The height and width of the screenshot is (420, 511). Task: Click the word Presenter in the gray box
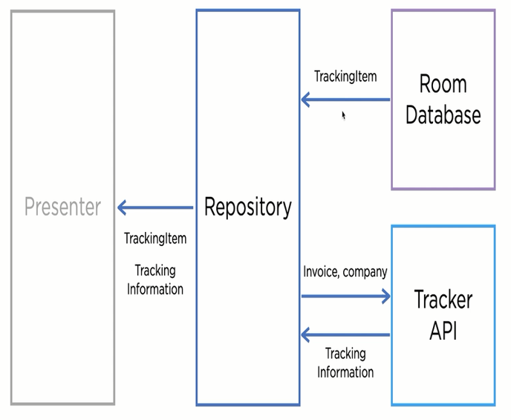(x=62, y=207)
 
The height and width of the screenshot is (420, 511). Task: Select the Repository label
(x=248, y=207)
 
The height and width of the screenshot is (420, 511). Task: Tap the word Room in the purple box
(x=443, y=83)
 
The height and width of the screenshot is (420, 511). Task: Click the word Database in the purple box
(x=443, y=114)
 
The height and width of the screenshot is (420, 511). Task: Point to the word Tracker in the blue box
(x=443, y=300)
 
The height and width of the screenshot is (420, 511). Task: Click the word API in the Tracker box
(x=443, y=330)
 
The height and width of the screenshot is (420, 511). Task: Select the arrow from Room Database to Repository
(x=345, y=100)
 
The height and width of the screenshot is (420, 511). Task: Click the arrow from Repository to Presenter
(x=155, y=207)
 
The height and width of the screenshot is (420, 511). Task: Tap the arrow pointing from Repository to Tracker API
(x=345, y=296)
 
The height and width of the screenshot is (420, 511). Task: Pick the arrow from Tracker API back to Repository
(x=345, y=335)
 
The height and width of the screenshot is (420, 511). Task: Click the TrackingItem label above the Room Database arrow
(x=345, y=76)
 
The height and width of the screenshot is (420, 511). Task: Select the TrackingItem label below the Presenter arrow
(x=155, y=239)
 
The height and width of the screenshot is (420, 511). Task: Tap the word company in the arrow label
(x=366, y=272)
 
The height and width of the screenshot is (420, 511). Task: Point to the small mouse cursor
(x=343, y=115)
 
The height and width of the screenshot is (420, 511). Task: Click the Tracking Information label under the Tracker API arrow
(x=345, y=363)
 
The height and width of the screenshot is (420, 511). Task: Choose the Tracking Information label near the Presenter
(x=155, y=280)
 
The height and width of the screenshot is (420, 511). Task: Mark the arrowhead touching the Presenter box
(x=123, y=207)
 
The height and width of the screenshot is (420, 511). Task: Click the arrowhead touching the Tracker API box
(x=384, y=296)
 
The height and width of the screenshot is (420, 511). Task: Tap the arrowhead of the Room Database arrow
(x=306, y=100)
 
